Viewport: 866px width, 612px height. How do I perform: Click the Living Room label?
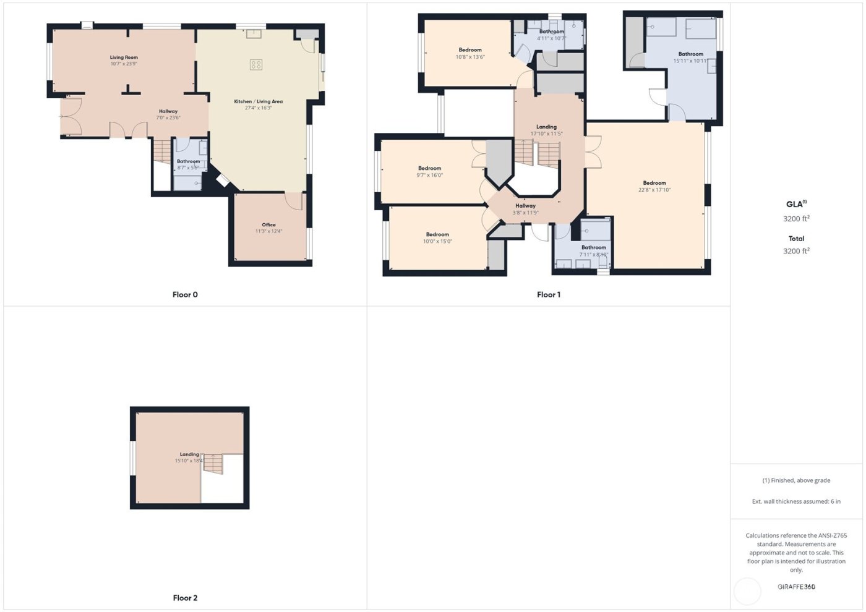124,57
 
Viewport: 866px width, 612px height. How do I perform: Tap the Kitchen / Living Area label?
258,101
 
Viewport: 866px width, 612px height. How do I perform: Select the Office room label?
268,225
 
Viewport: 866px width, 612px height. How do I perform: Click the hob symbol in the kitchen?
256,64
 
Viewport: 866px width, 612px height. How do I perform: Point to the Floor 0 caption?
185,295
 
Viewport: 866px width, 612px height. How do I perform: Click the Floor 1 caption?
549,295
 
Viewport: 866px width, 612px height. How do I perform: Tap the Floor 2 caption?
185,598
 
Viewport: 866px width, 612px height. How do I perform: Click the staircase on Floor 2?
213,464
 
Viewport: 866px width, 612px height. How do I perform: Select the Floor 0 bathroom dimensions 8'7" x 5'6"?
188,168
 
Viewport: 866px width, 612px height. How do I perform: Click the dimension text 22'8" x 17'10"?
654,190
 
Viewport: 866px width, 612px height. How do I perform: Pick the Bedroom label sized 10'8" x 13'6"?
470,50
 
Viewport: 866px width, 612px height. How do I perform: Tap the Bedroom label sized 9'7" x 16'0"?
429,168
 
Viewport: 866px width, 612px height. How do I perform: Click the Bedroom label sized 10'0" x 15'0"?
437,234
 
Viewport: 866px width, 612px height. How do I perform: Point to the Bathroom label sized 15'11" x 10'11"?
690,54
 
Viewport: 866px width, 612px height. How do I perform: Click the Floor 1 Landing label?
546,127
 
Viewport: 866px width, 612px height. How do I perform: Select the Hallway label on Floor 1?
525,206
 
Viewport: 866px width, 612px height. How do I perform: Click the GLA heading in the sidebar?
795,204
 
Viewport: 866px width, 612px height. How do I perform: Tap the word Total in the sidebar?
796,239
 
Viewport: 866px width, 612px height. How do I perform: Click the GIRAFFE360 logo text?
796,587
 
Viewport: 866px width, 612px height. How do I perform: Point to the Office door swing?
294,200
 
